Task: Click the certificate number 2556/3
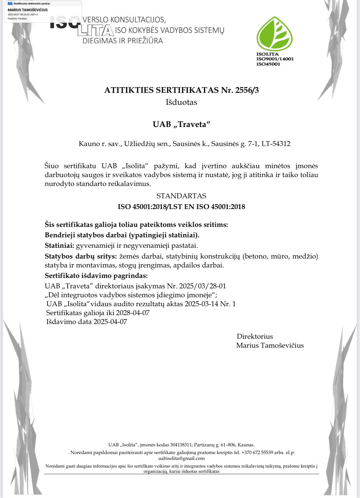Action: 247,90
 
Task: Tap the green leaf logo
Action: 274,34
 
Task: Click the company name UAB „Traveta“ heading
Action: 182,124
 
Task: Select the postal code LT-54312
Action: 276,144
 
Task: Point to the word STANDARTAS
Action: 181,196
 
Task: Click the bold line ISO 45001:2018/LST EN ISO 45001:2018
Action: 181,207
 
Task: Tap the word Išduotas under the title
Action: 181,102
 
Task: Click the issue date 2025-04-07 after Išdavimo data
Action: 110,322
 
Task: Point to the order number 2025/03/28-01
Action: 202,286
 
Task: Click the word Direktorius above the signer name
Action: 255,336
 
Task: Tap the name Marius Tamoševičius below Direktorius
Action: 270,346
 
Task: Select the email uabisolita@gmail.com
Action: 181,458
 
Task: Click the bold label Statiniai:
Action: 59,246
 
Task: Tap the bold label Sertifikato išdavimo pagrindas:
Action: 96,275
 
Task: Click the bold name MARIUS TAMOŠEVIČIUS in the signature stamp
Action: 28,10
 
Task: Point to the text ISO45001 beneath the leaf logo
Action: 268,64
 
